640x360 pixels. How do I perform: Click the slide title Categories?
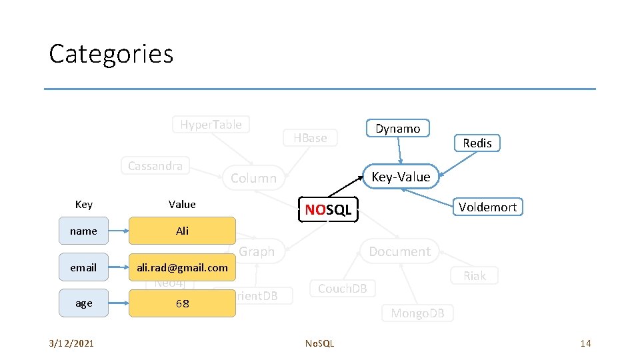(x=111, y=54)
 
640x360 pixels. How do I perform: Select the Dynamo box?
(x=398, y=129)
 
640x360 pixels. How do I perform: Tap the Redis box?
(x=477, y=143)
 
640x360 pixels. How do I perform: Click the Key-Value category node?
(x=401, y=177)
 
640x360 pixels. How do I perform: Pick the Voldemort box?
(x=487, y=207)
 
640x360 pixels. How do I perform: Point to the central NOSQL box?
(x=328, y=210)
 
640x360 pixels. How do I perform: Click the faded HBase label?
(x=311, y=138)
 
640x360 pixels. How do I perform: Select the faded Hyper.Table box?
(x=211, y=124)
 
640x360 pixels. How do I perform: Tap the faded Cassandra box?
(x=155, y=166)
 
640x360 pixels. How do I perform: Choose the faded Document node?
(x=399, y=251)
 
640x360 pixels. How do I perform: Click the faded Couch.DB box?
(x=342, y=289)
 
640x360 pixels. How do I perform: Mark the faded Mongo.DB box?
(x=417, y=313)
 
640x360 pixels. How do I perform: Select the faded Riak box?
(x=475, y=275)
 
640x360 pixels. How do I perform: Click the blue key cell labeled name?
(x=83, y=231)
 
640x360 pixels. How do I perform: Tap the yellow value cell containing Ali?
(x=182, y=231)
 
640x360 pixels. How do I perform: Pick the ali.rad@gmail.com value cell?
(x=182, y=267)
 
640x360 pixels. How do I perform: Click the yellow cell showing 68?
(x=182, y=303)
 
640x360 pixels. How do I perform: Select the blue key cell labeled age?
(x=83, y=303)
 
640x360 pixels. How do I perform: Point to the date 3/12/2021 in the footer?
(x=71, y=343)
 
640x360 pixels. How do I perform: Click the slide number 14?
(x=585, y=343)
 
